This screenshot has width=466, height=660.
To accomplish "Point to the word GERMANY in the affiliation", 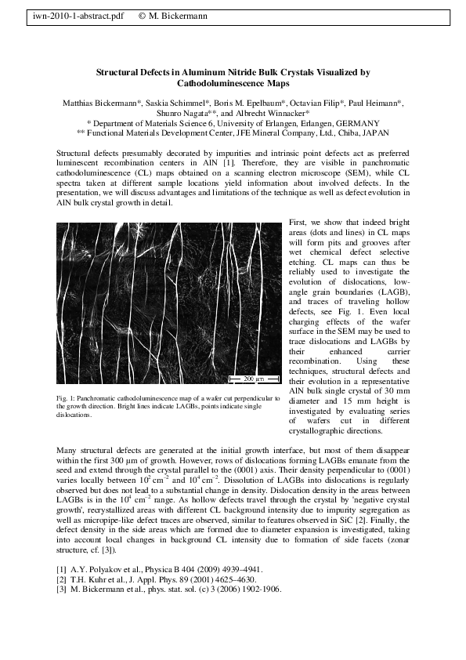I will click(x=357, y=123).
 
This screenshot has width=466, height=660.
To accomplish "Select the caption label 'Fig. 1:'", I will click(x=66, y=399).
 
